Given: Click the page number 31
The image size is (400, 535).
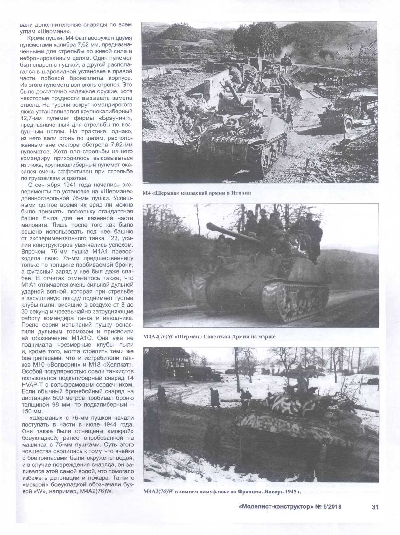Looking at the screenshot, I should pyautogui.click(x=375, y=507).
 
